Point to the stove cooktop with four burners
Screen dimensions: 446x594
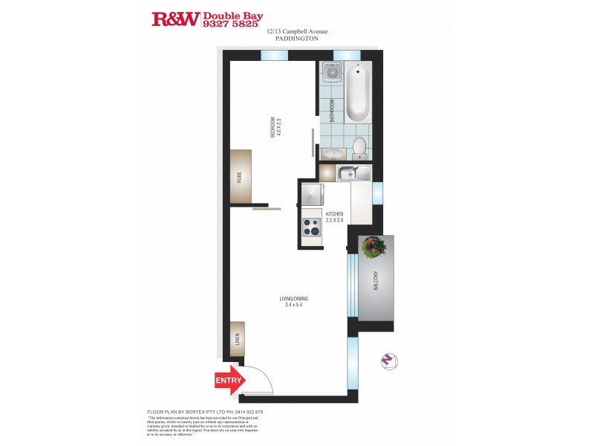[x=311, y=227]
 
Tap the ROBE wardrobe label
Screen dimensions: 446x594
[x=239, y=177]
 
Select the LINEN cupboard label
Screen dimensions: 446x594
[x=238, y=340]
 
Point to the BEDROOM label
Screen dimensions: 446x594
[x=273, y=128]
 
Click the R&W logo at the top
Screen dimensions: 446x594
[x=175, y=19]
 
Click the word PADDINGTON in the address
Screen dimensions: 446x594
[x=296, y=38]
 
